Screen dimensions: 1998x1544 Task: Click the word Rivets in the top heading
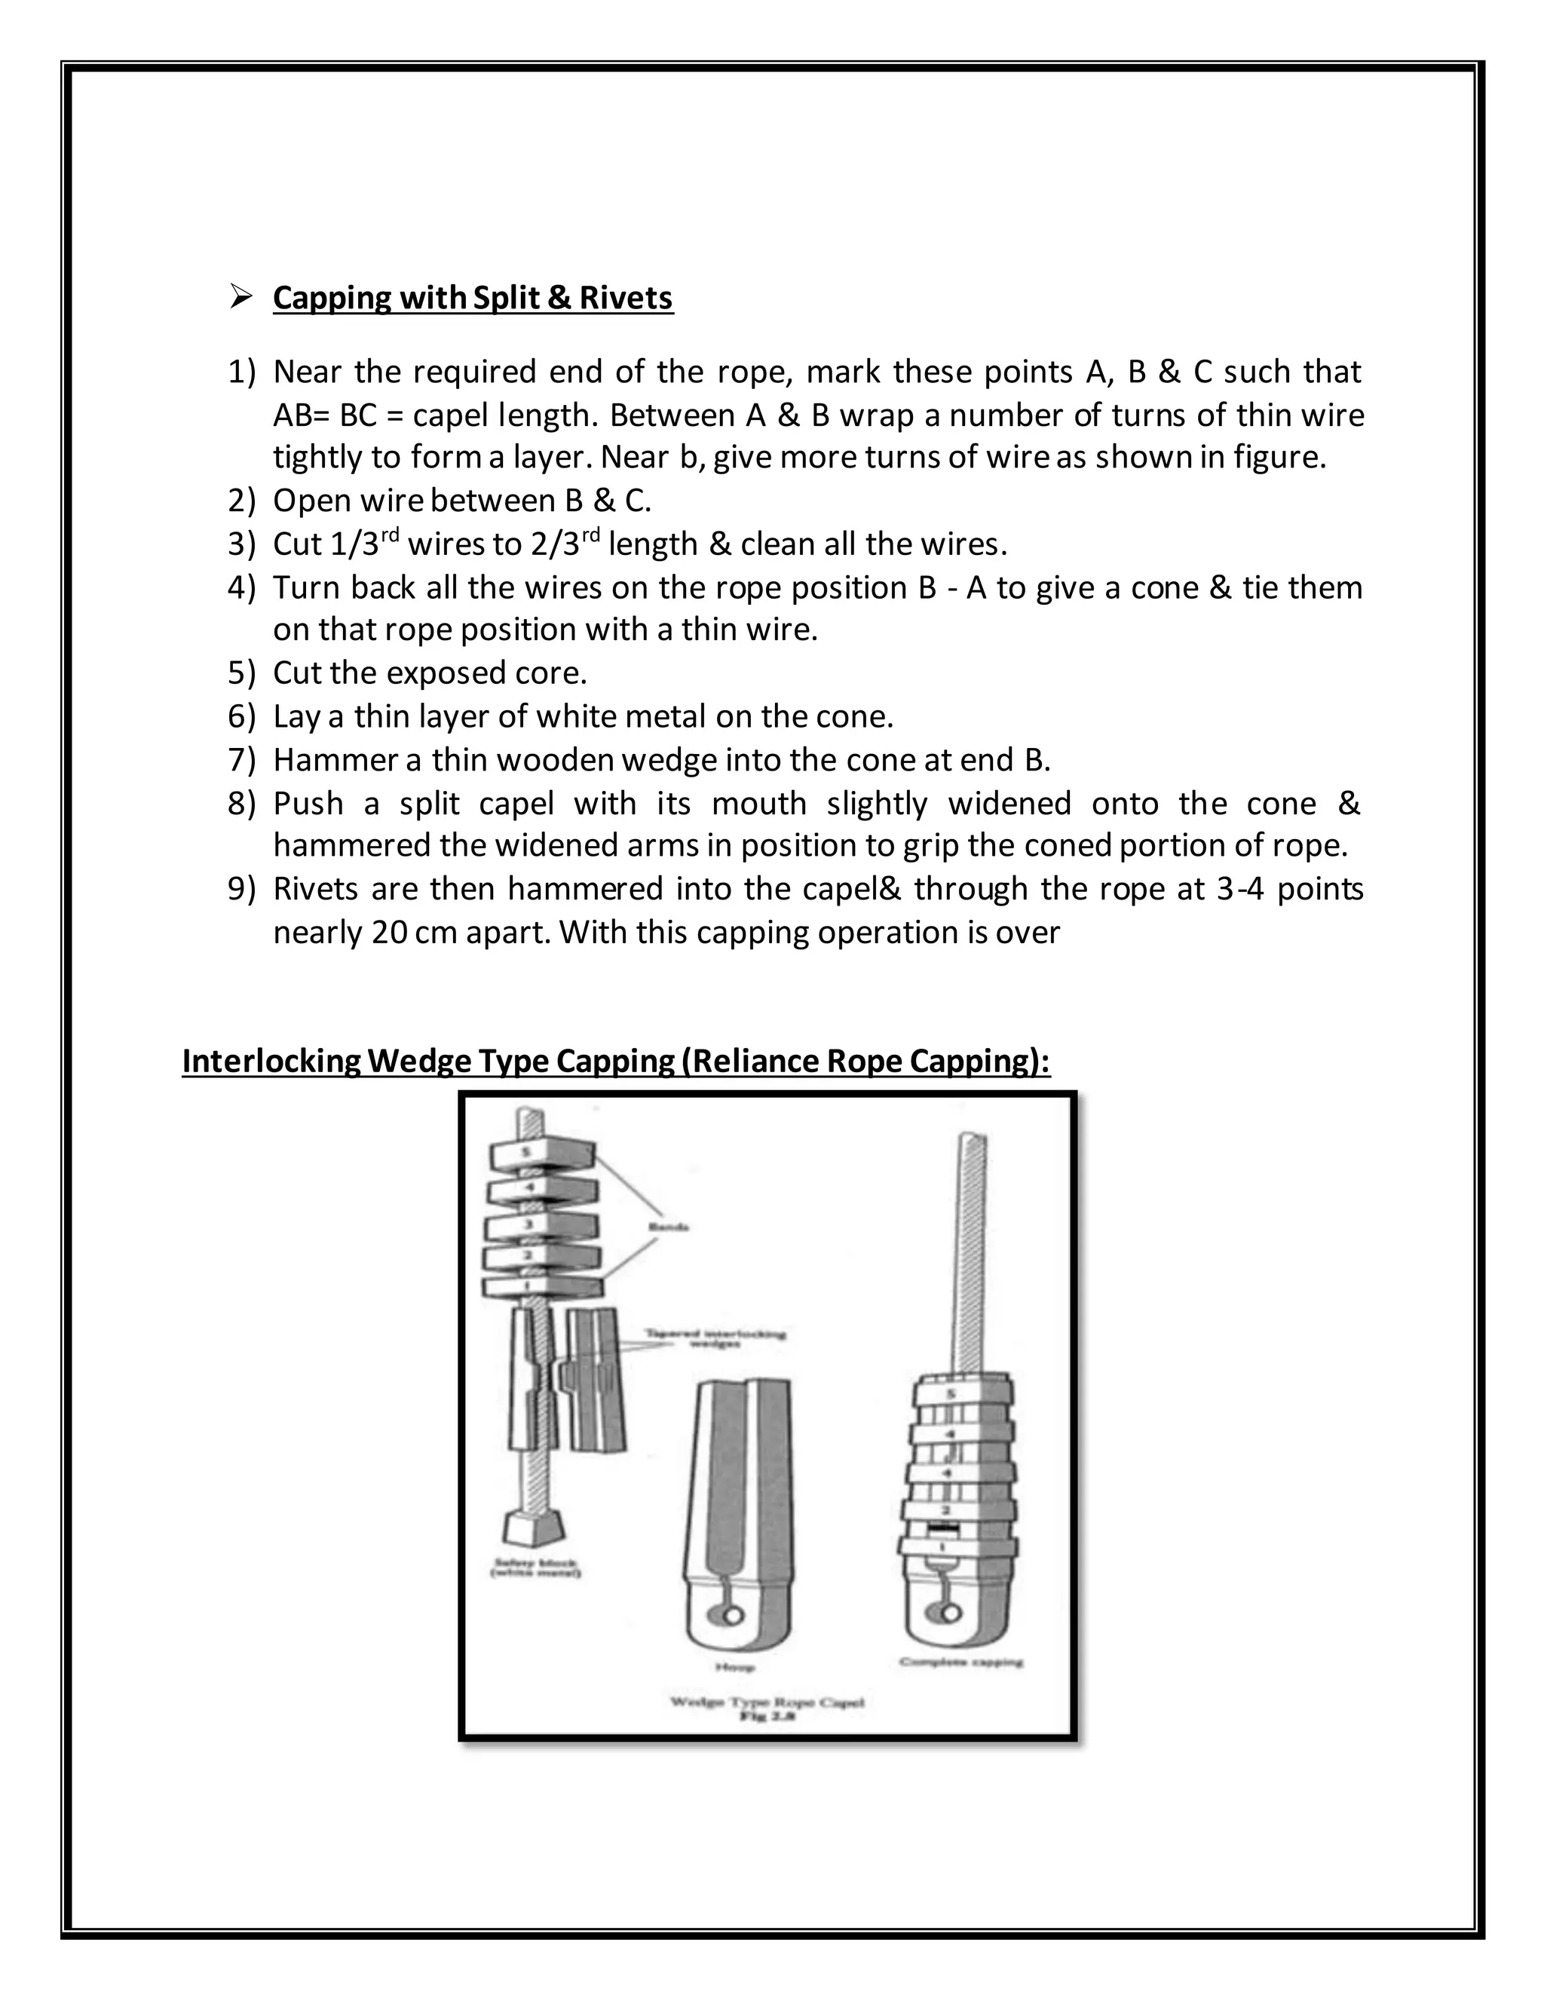click(x=626, y=299)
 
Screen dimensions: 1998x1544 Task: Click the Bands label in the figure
click(x=668, y=1227)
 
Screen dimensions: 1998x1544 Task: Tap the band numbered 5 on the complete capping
click(x=951, y=1394)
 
